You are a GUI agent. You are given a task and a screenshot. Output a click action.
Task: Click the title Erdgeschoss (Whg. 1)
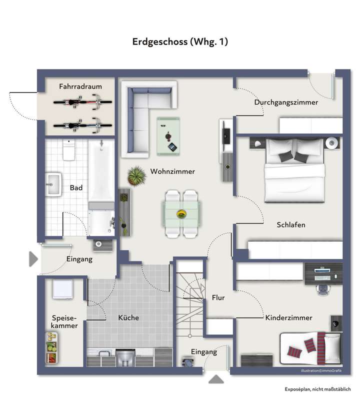(180, 42)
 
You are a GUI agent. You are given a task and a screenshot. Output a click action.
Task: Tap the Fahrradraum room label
(80, 86)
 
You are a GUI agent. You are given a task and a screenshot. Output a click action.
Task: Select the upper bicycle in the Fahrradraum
(83, 104)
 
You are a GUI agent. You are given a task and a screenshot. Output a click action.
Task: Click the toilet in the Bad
(69, 149)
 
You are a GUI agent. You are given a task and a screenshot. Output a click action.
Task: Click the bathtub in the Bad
(101, 175)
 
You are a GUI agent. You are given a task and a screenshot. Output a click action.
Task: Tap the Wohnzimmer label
(172, 171)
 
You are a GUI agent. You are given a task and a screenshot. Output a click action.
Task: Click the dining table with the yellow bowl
(182, 213)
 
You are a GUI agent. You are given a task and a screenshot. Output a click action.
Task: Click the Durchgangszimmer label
(286, 102)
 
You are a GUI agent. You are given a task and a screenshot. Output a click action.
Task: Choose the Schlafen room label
(291, 225)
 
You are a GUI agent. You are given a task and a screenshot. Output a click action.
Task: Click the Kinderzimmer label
(288, 317)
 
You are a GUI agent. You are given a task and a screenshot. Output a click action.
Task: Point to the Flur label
(218, 297)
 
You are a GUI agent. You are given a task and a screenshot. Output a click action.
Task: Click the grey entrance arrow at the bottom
(216, 379)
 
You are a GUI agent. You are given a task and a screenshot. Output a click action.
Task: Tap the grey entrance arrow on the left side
(33, 258)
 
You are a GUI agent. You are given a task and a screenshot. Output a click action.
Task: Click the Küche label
(128, 317)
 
